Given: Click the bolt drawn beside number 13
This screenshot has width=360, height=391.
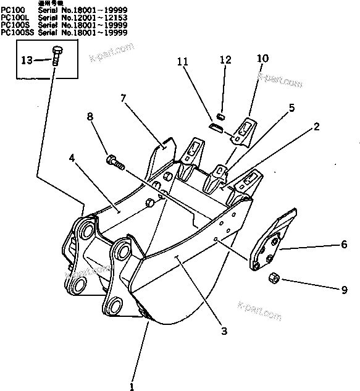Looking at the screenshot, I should point(57,58).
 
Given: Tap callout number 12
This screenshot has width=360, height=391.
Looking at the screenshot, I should point(225,60).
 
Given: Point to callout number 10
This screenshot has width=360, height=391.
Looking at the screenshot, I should point(262,58).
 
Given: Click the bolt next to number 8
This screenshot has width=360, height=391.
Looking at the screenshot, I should point(115,163).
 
